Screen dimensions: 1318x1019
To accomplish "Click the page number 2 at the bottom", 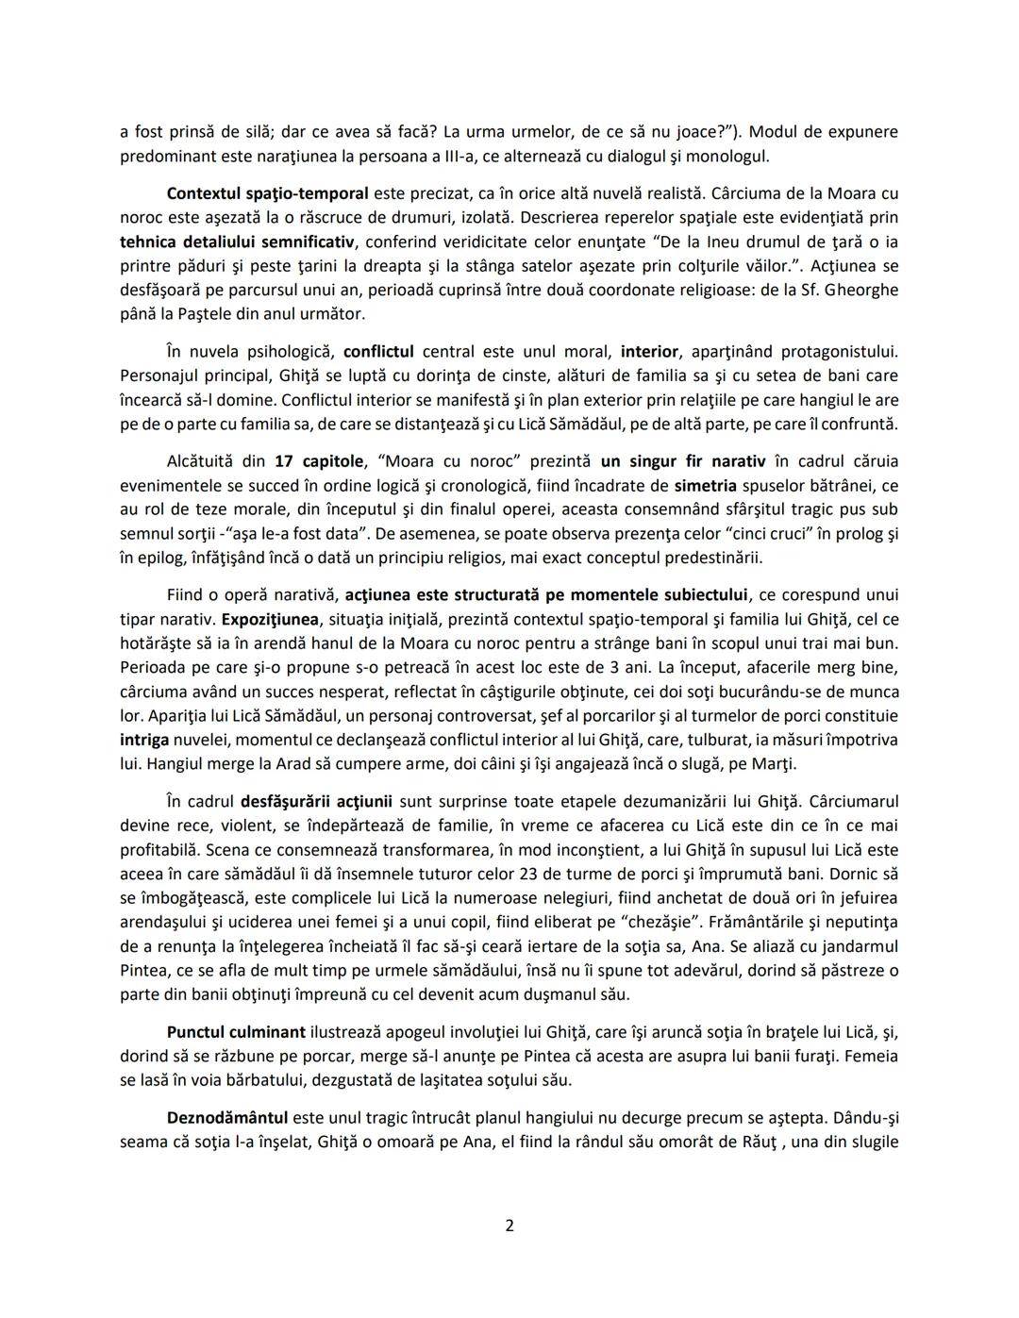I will (509, 1226).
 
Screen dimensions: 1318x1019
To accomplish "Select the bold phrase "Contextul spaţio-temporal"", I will (267, 193).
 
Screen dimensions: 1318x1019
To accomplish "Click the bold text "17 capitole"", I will (319, 461).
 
